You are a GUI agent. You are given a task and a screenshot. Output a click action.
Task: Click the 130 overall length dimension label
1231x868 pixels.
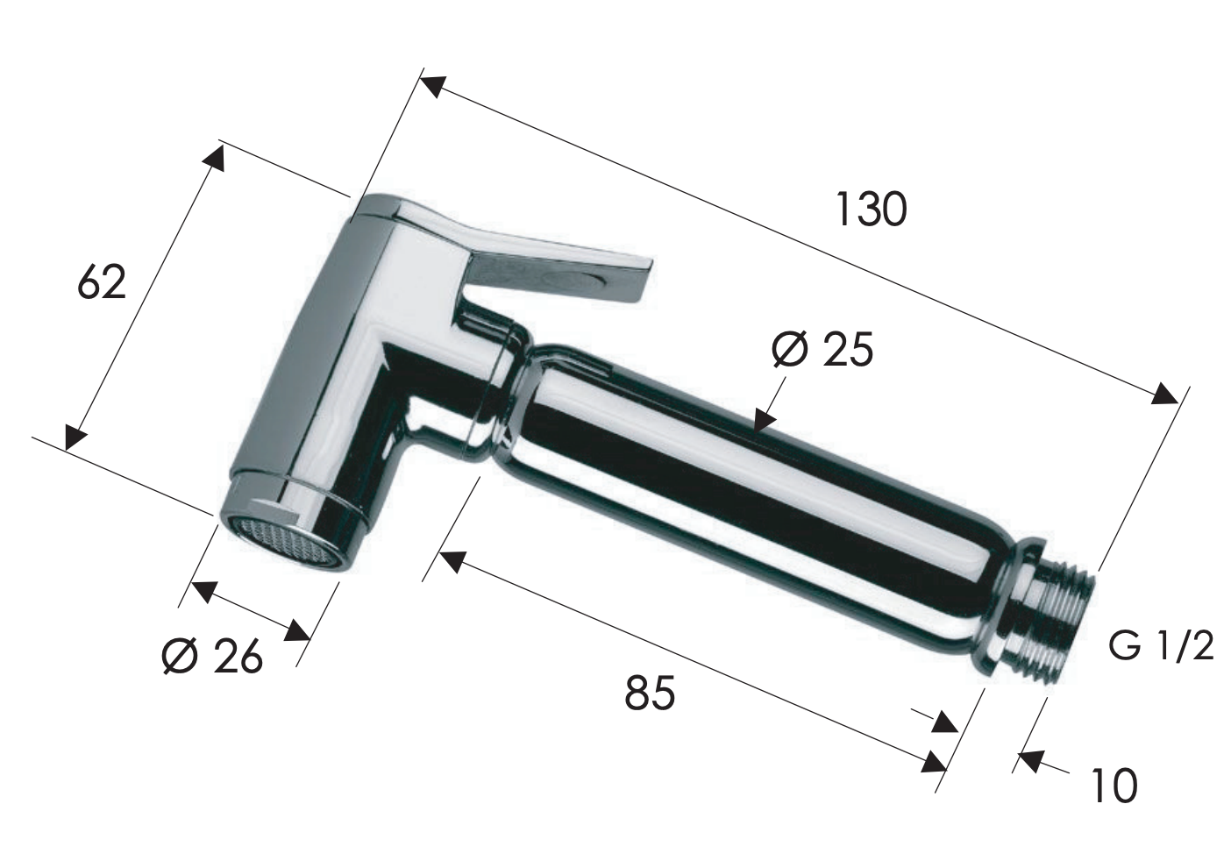click(871, 209)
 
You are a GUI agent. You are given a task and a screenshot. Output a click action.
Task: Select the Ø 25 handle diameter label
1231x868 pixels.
click(822, 350)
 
